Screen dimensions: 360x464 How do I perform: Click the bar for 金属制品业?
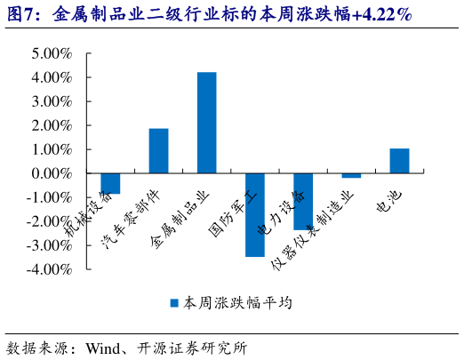pyautogui.click(x=206, y=123)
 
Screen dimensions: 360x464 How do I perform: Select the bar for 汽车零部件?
pyautogui.click(x=158, y=151)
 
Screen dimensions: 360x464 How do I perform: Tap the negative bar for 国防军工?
pyautogui.click(x=254, y=215)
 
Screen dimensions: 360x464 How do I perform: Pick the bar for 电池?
pyautogui.click(x=399, y=161)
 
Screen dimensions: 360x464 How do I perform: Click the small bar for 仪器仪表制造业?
pyautogui.click(x=351, y=176)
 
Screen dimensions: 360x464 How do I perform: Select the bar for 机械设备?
pyautogui.click(x=110, y=183)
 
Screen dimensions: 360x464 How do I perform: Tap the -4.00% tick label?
pyautogui.click(x=50, y=268)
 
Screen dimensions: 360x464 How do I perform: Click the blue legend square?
pyautogui.click(x=175, y=303)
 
